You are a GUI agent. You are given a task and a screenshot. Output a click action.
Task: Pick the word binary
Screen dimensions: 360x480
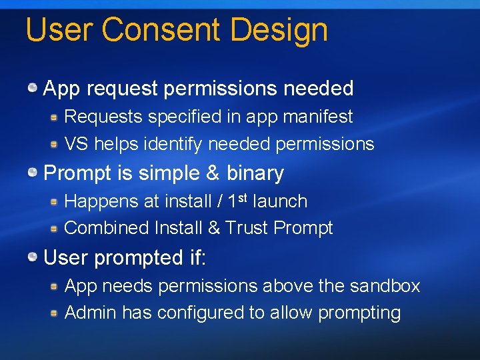click(255, 173)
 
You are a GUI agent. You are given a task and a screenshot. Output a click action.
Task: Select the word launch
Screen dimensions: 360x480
click(280, 201)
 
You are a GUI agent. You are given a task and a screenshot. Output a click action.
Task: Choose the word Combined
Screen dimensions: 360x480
click(106, 228)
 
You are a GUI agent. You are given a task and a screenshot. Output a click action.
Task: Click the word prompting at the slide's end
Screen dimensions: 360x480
click(359, 313)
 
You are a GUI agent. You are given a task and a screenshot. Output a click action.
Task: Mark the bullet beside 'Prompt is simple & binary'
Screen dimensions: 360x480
click(32, 173)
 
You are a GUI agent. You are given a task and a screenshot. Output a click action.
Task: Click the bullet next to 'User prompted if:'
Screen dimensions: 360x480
click(32, 257)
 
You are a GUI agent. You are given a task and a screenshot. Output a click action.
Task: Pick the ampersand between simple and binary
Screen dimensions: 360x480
click(212, 173)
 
